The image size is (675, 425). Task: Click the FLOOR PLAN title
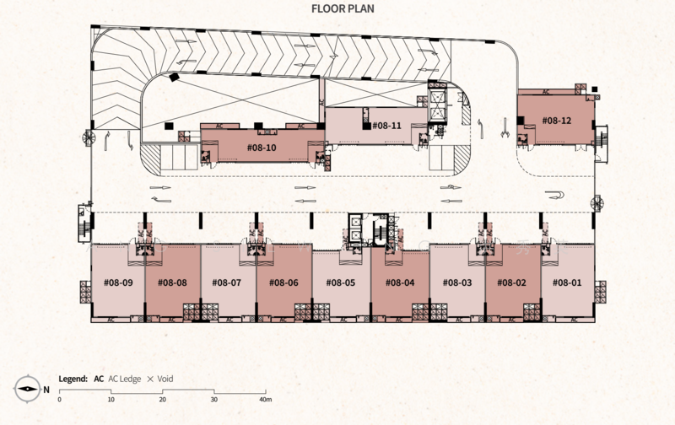(343, 8)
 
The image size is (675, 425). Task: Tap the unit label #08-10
(262, 148)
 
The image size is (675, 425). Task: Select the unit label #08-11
(386, 125)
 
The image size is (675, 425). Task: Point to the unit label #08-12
(557, 121)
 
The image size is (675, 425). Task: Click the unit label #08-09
(118, 282)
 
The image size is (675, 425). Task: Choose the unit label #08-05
(341, 282)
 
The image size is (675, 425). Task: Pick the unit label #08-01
(567, 282)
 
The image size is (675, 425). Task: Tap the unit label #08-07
(226, 282)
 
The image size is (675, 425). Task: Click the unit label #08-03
(457, 282)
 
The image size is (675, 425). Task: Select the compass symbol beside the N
(27, 389)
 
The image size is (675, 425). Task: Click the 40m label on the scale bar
(266, 399)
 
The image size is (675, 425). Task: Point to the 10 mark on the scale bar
(111, 399)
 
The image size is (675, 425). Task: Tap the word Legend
(73, 379)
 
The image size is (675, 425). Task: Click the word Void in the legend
(165, 379)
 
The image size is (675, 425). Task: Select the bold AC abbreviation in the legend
(99, 379)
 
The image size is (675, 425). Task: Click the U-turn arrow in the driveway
(554, 195)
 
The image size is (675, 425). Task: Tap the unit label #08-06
(283, 282)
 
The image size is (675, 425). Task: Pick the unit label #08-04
(400, 282)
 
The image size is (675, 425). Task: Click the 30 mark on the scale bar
(214, 399)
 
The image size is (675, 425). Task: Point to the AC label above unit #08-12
(546, 92)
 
